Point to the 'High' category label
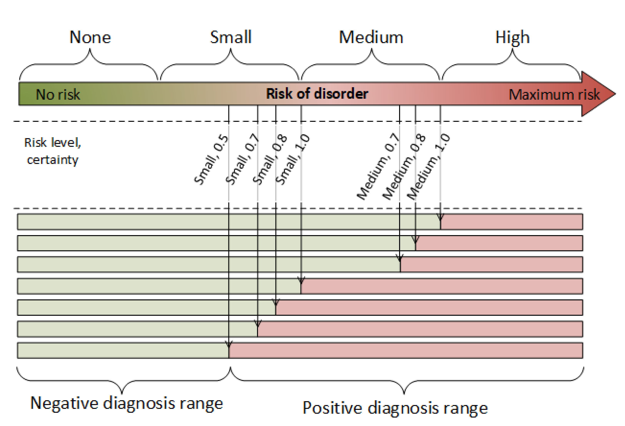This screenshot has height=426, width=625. [512, 38]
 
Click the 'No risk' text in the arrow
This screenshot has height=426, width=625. [58, 94]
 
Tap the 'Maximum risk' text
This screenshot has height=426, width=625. [554, 94]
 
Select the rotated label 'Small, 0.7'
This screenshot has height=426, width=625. [242, 159]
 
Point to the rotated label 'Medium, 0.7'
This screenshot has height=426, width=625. [378, 167]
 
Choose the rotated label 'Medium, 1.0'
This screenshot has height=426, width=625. [428, 167]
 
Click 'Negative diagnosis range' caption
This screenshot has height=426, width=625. [126, 403]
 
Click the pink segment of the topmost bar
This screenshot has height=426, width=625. [511, 222]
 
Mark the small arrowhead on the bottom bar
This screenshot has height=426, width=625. [229, 344]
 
